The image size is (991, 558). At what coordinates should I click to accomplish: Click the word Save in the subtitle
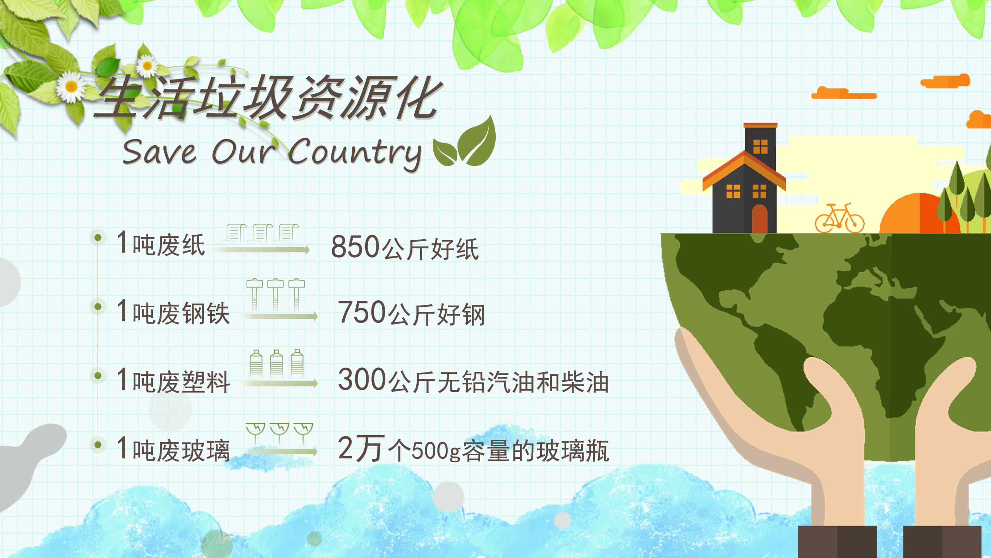(x=159, y=152)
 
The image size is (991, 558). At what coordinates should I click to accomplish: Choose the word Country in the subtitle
(x=354, y=153)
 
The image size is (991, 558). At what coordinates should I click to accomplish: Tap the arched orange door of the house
(x=759, y=219)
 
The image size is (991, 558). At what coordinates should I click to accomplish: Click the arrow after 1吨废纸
(x=262, y=250)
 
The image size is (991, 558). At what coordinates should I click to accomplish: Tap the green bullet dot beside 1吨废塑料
(x=98, y=375)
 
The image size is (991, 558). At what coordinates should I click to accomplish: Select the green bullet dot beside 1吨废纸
(x=98, y=237)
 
